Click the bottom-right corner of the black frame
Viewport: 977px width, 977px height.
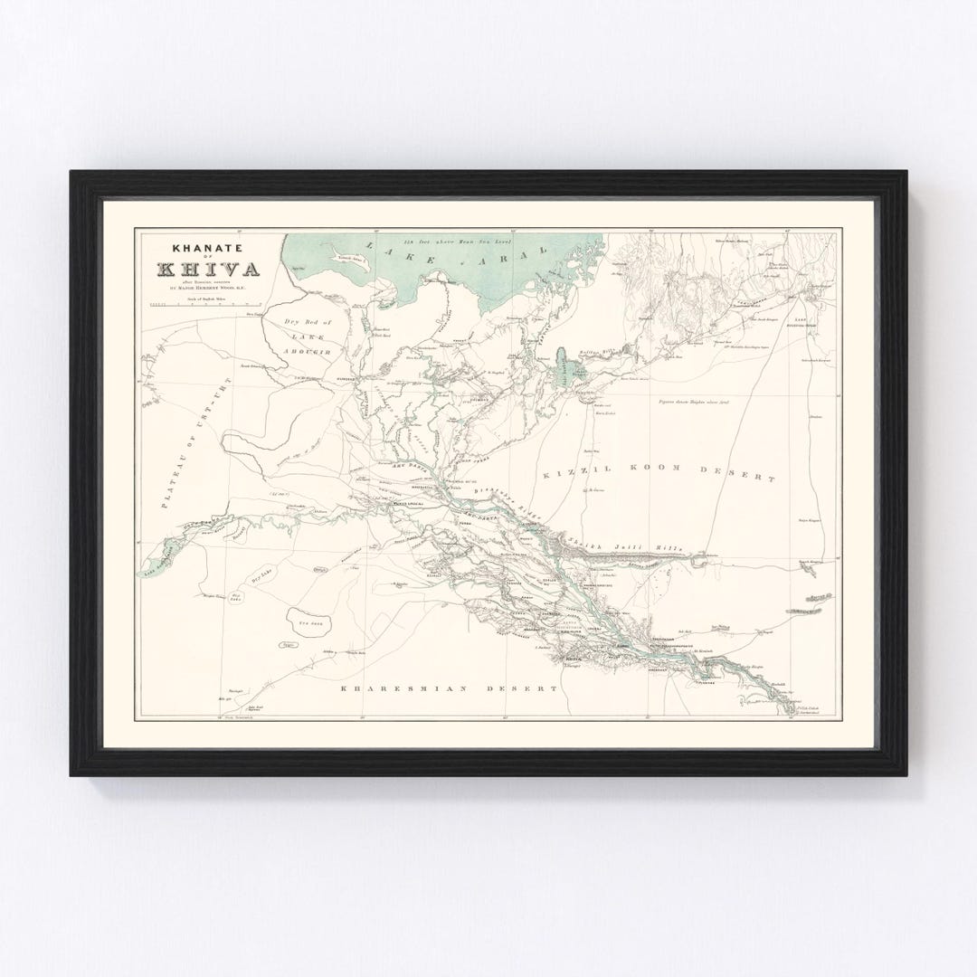(906, 775)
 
